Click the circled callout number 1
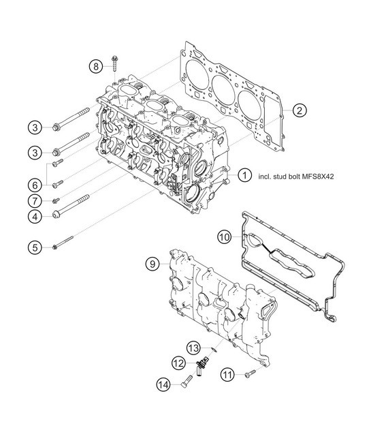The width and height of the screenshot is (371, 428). coord(243,174)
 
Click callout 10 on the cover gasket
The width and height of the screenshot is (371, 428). coord(225,238)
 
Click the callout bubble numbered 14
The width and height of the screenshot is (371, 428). coord(163,384)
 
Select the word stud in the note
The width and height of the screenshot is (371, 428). coord(276,175)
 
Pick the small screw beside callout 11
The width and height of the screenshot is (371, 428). coord(249,372)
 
